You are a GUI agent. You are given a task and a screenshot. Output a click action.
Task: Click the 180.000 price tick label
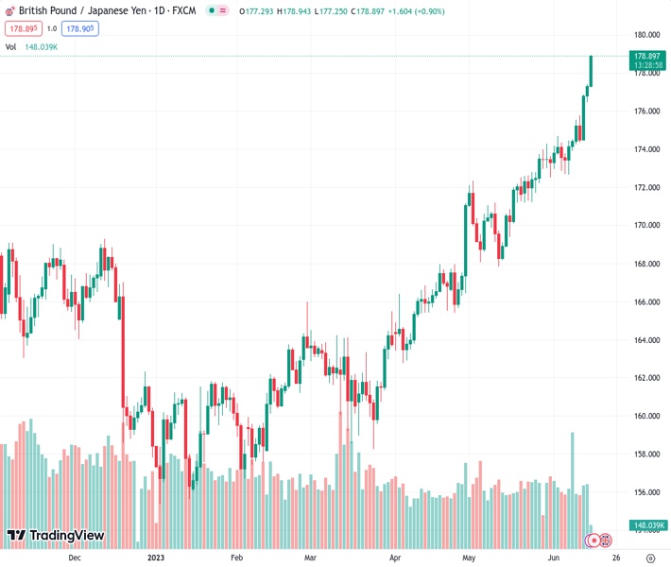pos(646,35)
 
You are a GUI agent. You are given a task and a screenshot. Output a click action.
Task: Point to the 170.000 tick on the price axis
pos(646,226)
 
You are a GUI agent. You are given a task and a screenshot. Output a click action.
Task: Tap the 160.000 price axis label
pos(646,416)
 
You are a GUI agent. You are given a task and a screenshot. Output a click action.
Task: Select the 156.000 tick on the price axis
pos(646,492)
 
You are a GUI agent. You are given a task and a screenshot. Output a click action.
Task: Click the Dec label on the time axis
pos(75,558)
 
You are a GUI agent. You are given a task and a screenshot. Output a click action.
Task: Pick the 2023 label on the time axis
pos(158,558)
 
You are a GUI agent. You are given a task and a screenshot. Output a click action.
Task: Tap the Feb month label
pos(236,558)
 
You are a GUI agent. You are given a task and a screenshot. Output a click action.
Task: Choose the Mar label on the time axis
pos(311,558)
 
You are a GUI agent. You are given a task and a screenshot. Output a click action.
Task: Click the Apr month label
pos(394,558)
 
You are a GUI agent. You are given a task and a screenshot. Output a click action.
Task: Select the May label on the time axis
pos(468,558)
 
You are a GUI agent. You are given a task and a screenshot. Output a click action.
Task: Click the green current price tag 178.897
pos(647,57)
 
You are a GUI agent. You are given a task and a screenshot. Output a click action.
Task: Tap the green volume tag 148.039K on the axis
pos(648,525)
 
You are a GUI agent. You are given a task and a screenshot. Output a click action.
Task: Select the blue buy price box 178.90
pos(80,28)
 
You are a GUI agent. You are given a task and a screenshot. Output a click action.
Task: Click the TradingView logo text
pos(66,536)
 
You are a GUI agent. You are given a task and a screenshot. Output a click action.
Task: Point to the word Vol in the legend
pos(10,46)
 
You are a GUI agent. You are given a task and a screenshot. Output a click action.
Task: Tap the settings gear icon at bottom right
pos(651,558)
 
